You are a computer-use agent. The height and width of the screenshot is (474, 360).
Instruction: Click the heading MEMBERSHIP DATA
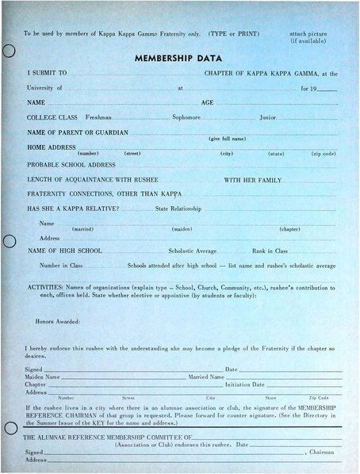178,58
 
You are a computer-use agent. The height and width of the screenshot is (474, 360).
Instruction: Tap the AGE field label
208,103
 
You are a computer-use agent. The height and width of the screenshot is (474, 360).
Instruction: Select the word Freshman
98,117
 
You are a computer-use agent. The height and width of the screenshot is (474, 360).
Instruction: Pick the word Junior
267,117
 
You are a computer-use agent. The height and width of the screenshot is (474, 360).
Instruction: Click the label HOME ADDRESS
52,147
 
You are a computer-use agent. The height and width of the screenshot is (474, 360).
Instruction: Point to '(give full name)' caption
227,139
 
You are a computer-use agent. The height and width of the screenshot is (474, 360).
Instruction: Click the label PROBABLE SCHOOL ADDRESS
71,164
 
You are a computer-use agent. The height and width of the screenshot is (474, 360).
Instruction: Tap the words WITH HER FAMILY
252,180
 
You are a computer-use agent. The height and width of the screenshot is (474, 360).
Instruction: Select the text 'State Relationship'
178,208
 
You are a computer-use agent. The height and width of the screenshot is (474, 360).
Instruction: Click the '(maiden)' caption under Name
182,229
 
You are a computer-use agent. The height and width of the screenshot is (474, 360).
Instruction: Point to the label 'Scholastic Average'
193,250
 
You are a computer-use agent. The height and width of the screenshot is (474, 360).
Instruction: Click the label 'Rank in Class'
270,250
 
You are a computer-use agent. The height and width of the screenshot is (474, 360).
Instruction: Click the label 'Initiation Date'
245,384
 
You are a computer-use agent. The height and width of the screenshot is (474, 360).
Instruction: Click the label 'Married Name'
205,377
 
